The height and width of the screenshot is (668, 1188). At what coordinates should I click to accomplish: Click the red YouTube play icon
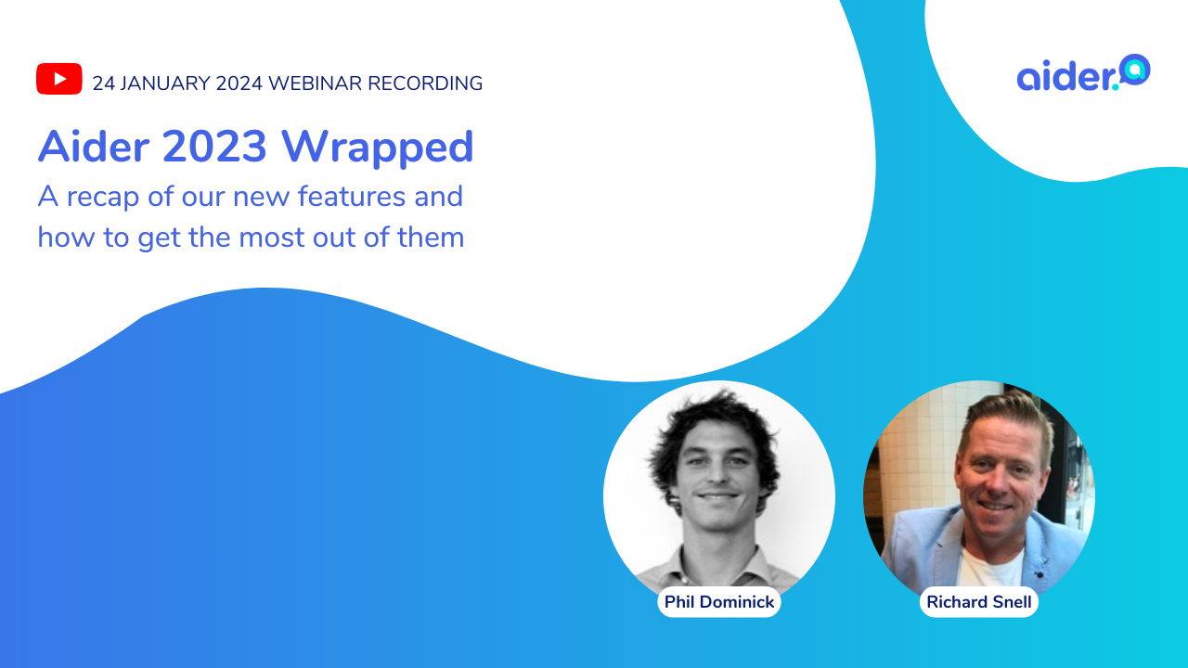coord(58,79)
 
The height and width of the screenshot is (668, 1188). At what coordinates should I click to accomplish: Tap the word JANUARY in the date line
coord(165,83)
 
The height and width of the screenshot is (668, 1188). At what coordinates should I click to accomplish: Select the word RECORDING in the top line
coord(425,83)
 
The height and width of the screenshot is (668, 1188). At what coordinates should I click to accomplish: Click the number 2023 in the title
coord(214,146)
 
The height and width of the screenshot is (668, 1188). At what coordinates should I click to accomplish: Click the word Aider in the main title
coord(94,146)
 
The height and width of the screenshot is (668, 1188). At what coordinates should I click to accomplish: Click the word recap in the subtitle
coord(102,199)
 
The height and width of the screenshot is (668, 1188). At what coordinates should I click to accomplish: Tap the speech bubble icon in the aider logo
coord(1135,70)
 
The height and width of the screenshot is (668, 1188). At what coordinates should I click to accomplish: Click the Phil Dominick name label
coord(719,602)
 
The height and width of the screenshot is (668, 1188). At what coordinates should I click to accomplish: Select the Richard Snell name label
coord(979,602)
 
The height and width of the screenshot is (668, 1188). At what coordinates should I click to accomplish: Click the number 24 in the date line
coord(104,83)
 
